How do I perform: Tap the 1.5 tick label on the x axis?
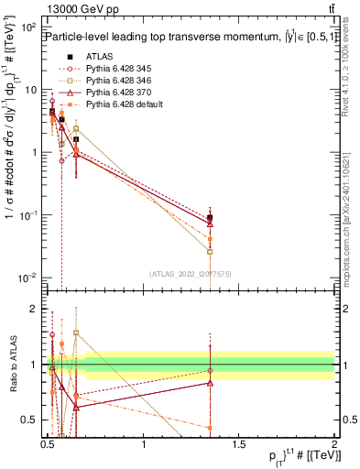[238, 443]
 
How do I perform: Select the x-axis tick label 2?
[333, 443]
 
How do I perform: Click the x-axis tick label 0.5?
[49, 443]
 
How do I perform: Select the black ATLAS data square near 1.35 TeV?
[211, 217]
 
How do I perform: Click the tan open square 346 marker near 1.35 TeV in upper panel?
[211, 251]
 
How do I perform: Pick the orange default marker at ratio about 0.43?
[211, 428]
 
